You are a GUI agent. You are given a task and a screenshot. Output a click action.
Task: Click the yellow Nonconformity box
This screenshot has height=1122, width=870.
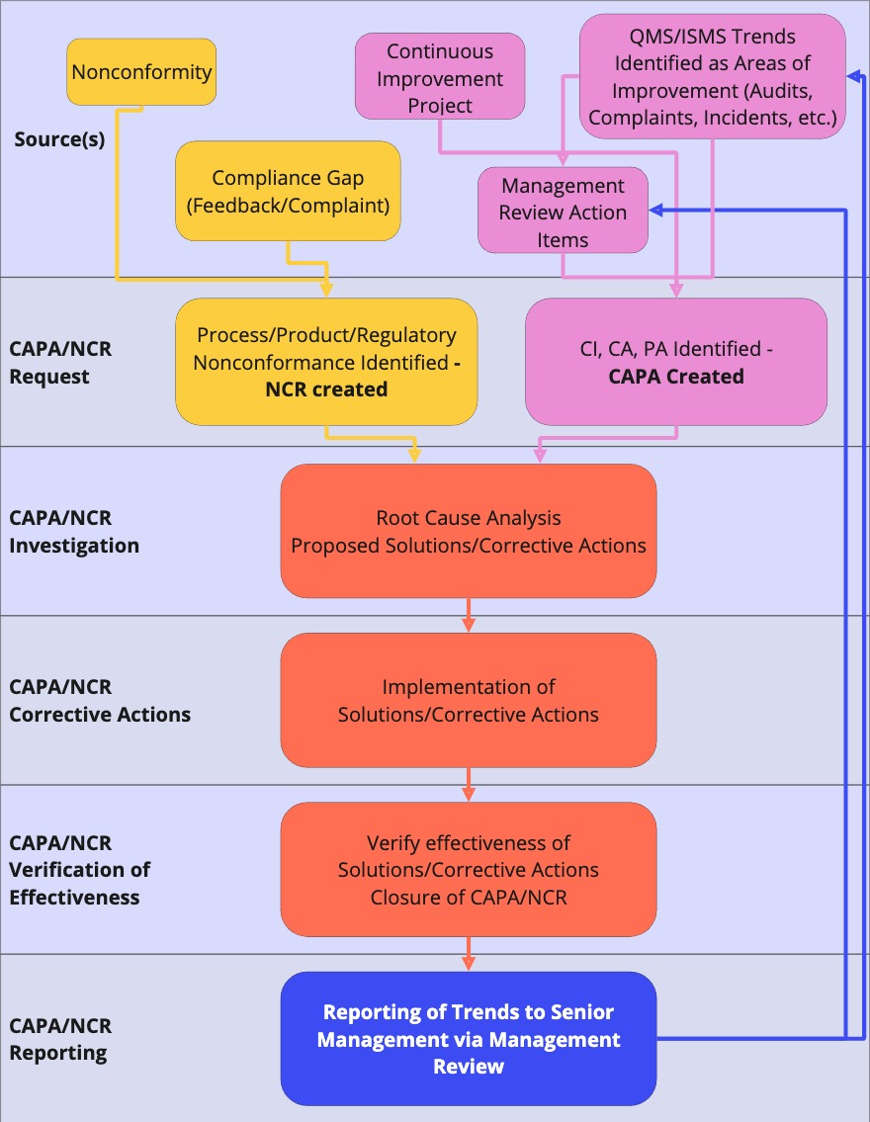point(141,71)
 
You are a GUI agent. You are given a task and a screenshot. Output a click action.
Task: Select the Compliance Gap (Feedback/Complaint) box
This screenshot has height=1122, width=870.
point(288,191)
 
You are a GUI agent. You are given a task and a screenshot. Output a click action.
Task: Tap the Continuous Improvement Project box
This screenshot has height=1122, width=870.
point(440,78)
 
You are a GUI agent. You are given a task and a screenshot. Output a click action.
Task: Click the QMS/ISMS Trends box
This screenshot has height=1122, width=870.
point(712,77)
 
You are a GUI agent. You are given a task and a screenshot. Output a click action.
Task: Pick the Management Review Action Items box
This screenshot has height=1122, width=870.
point(563,212)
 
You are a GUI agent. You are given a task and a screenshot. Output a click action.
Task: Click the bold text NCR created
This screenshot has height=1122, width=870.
point(326,389)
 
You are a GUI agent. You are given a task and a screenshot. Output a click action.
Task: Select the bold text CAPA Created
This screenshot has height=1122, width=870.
point(676,377)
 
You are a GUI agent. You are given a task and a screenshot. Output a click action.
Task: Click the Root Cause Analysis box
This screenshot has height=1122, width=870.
point(469,531)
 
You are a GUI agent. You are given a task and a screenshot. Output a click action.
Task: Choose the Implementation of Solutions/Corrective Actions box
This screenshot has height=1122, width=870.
point(469,700)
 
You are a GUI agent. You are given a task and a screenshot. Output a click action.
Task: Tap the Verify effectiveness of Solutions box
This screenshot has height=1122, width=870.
point(469,870)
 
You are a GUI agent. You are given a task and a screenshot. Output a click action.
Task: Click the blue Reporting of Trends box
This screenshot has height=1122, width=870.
point(469,1039)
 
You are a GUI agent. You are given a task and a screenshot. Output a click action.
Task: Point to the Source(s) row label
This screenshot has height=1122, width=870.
point(59,139)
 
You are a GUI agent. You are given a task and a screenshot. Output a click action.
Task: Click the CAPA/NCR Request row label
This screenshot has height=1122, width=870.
point(60,362)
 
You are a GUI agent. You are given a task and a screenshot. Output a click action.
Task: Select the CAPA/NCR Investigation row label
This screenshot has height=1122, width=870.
point(74,532)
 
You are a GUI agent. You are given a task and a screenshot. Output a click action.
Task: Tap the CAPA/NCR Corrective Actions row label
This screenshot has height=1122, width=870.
point(100,700)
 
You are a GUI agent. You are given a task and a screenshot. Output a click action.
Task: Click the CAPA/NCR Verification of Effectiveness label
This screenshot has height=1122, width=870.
point(79,870)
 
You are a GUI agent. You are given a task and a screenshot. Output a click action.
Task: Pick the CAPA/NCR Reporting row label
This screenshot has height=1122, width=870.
point(60,1039)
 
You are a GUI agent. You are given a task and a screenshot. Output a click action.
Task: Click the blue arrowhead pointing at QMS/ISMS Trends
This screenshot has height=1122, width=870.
point(853,76)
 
